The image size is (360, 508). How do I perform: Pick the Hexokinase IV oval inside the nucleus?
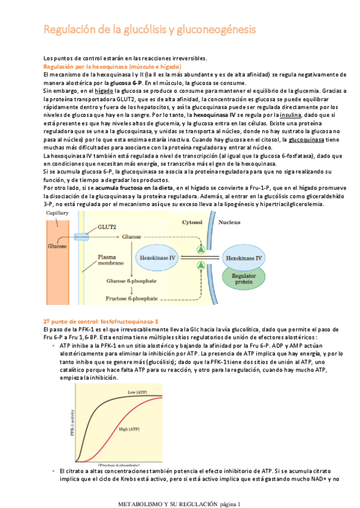coord(243,258)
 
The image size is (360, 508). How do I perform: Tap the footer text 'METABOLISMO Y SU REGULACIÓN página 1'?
coord(180,503)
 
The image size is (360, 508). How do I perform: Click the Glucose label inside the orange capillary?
coord(58,246)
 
